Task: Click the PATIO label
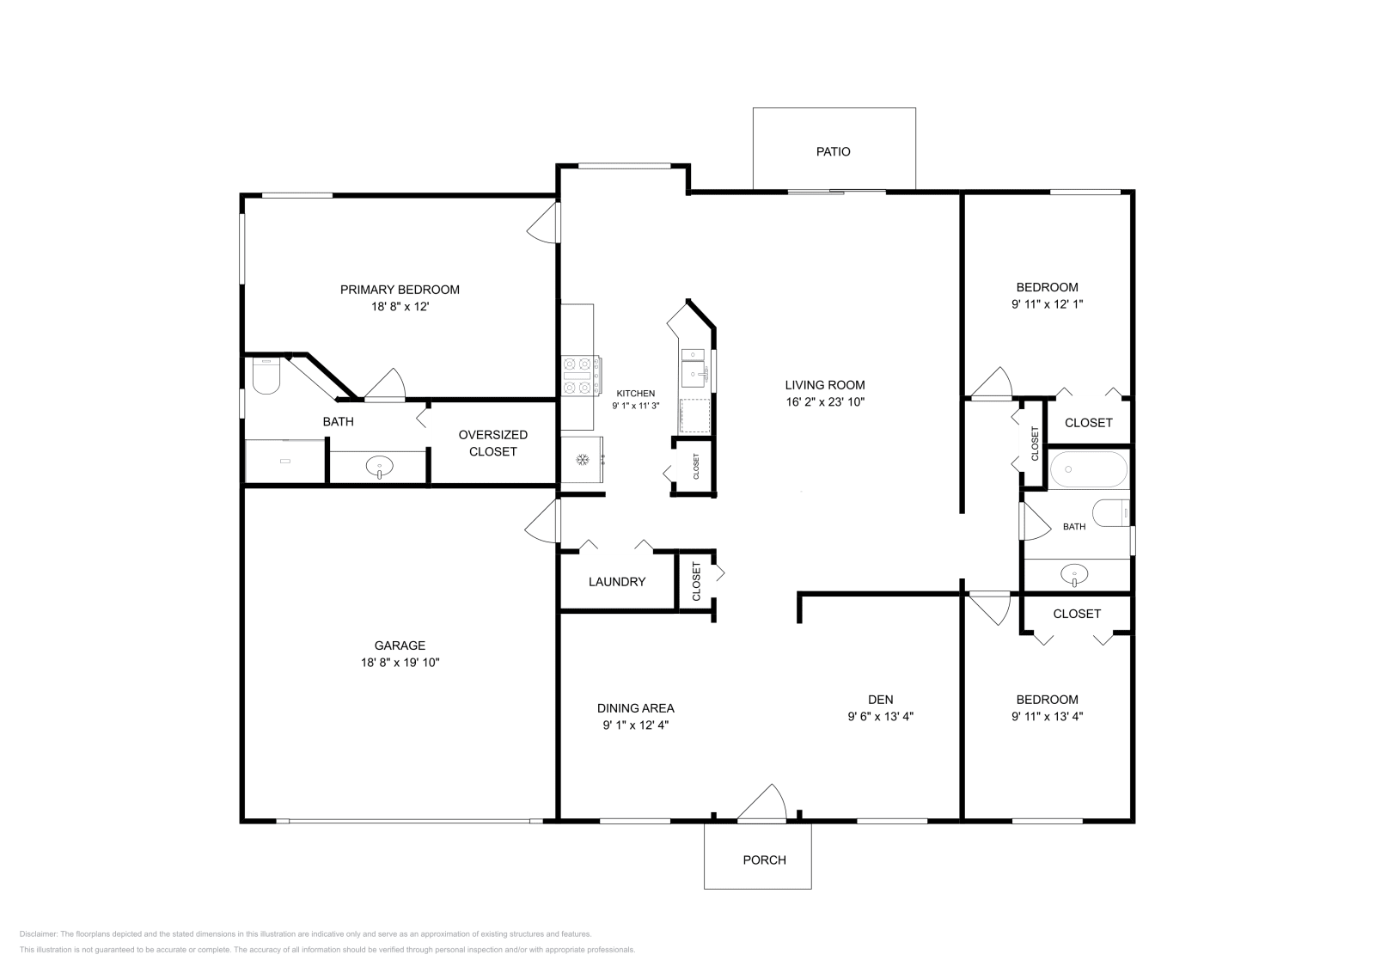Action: click(x=833, y=151)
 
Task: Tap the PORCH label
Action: click(x=764, y=860)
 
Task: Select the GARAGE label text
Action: click(x=400, y=646)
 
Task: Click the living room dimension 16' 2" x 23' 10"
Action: click(x=825, y=402)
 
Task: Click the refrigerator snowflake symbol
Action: click(x=582, y=459)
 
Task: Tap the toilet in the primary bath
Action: click(x=266, y=376)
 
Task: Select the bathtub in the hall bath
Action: click(x=1088, y=469)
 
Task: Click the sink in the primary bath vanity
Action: click(x=379, y=467)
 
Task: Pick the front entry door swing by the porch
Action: click(x=761, y=802)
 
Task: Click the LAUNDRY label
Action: click(x=617, y=582)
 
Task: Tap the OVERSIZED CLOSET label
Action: click(x=493, y=444)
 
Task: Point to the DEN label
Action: click(x=880, y=699)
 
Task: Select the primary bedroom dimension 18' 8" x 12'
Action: click(x=400, y=306)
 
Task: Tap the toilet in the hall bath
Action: click(x=1111, y=513)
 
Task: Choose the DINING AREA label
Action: click(x=635, y=708)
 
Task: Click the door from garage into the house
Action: click(x=542, y=521)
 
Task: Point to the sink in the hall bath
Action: click(x=1074, y=575)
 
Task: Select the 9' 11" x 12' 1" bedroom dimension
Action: click(x=1048, y=304)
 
